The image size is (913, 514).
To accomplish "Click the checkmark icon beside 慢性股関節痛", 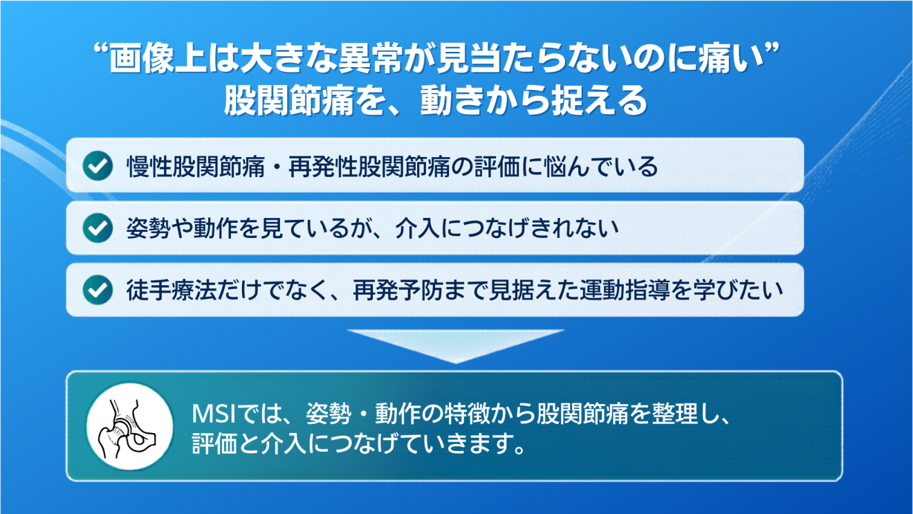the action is (98, 165).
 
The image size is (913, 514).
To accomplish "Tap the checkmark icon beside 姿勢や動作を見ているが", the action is (98, 228).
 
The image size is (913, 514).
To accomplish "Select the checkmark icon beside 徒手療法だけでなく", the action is (98, 290).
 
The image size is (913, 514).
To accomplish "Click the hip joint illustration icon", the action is (129, 426).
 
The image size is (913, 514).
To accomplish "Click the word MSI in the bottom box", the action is (214, 414).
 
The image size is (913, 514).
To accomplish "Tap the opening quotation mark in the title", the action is (101, 50).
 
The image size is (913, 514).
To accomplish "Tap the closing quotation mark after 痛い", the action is (771, 50).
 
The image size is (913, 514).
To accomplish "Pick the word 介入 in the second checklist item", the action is (418, 228).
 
